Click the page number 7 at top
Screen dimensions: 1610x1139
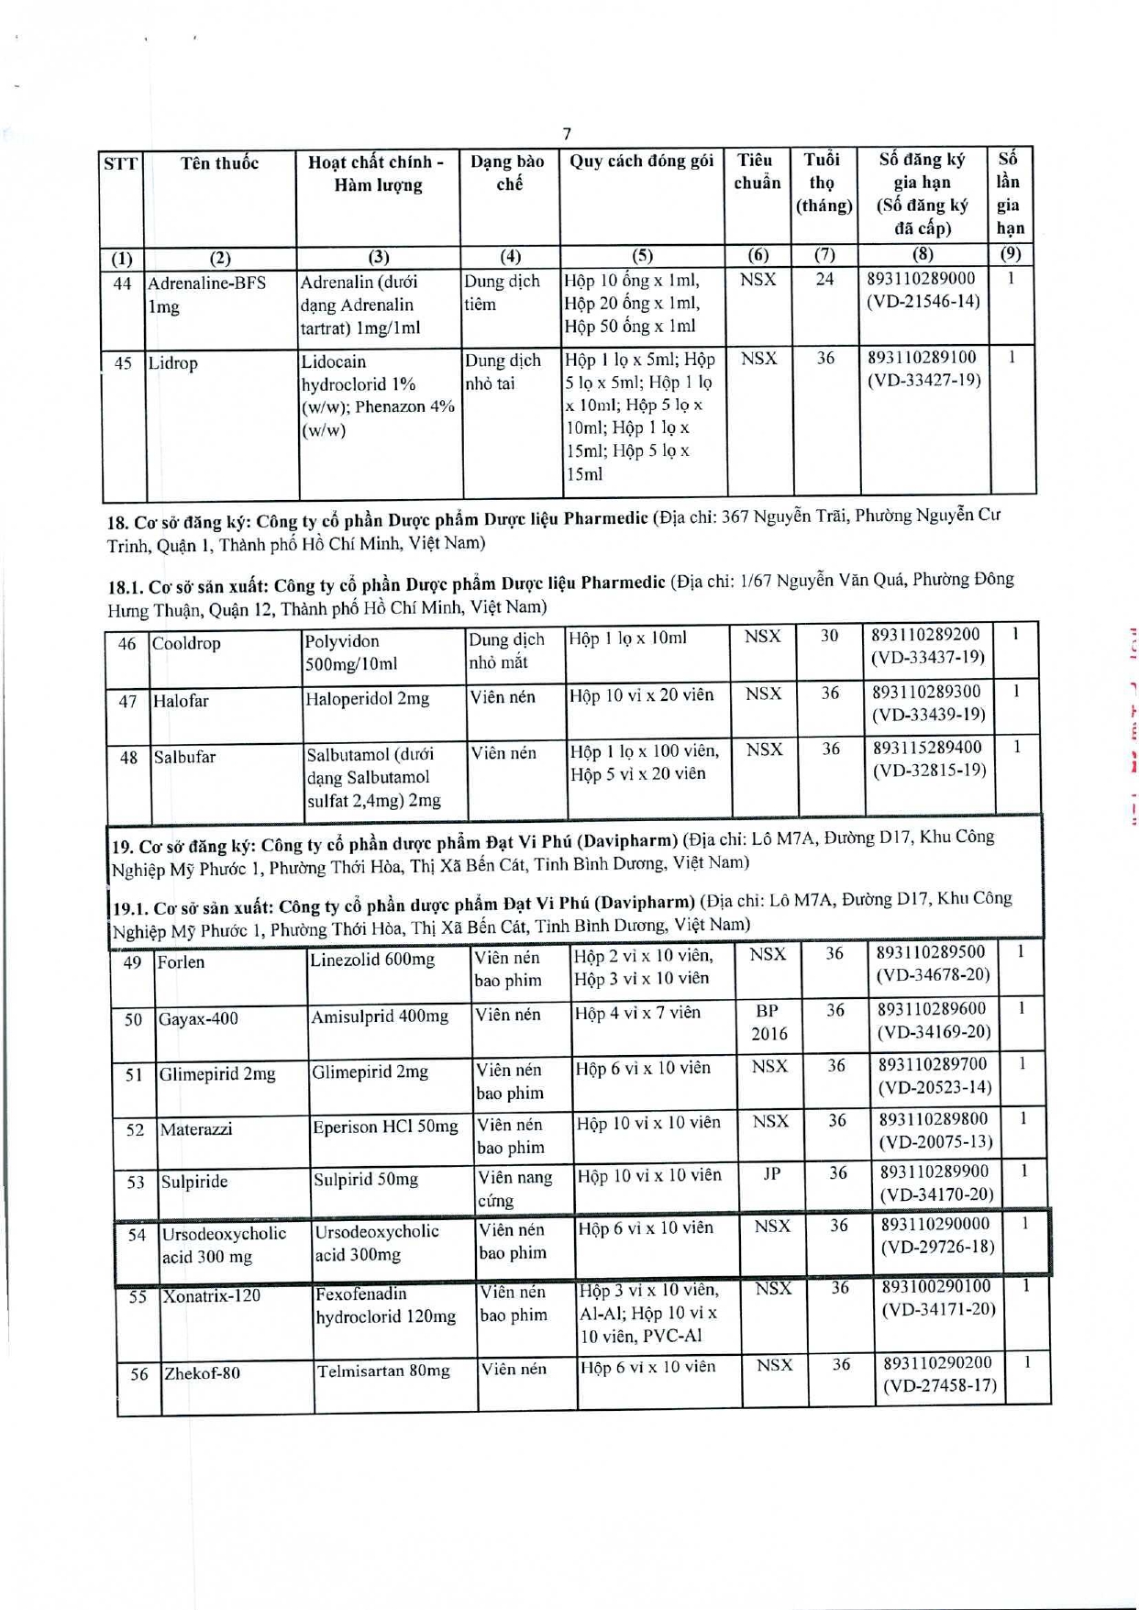pyautogui.click(x=567, y=133)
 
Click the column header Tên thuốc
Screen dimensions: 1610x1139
pyautogui.click(x=219, y=163)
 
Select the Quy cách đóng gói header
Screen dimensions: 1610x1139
pyautogui.click(x=641, y=161)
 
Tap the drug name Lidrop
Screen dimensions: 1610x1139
pyautogui.click(x=172, y=363)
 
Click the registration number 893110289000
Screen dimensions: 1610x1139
pyautogui.click(x=921, y=279)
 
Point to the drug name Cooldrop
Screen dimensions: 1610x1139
pyautogui.click(x=186, y=643)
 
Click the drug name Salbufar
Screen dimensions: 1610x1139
pyautogui.click(x=183, y=758)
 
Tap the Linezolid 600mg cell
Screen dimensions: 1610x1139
pyautogui.click(x=371, y=960)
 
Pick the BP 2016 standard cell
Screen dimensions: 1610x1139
pyautogui.click(x=769, y=1022)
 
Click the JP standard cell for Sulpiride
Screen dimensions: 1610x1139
pyautogui.click(x=771, y=1174)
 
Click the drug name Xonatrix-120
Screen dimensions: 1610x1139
pyautogui.click(x=211, y=1296)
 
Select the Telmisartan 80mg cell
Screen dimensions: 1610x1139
pyautogui.click(x=383, y=1371)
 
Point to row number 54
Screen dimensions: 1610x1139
pyautogui.click(x=137, y=1236)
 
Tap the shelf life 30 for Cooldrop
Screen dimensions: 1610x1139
pyautogui.click(x=829, y=636)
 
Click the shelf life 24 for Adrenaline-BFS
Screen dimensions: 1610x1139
pyautogui.click(x=824, y=279)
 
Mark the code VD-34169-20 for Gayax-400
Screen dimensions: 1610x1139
pyautogui.click(x=934, y=1032)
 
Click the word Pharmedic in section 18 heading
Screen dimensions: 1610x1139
pyautogui.click(x=605, y=518)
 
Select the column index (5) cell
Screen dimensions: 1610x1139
pyautogui.click(x=642, y=256)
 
